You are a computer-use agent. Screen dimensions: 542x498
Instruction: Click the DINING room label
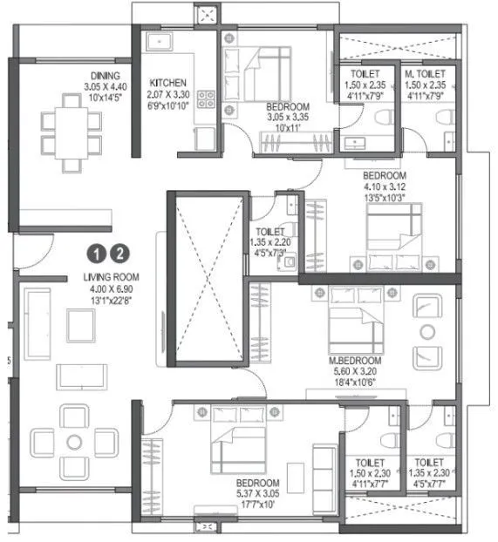pyautogui.click(x=104, y=76)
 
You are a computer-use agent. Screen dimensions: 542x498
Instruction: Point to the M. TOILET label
pyautogui.click(x=424, y=76)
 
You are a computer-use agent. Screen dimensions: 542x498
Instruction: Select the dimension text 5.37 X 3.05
pyautogui.click(x=257, y=493)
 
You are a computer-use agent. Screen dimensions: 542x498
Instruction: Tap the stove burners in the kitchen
pyautogui.click(x=208, y=100)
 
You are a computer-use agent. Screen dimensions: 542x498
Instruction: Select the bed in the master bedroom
pyautogui.click(x=351, y=325)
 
